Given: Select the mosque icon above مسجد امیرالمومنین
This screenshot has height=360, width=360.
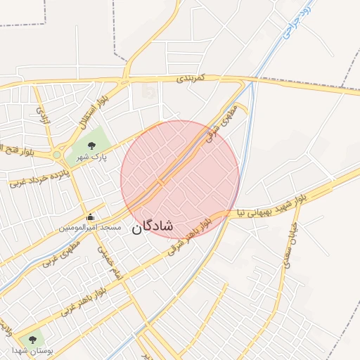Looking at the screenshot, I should (x=90, y=217).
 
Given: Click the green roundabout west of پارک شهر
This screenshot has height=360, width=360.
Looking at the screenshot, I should (x=56, y=155).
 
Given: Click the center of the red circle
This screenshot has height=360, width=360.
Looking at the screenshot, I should (x=180, y=179).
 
